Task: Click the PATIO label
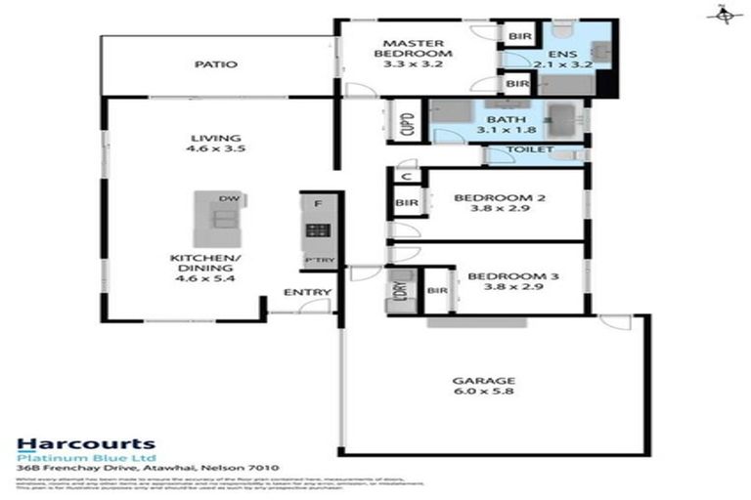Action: [215, 64]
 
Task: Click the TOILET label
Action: [529, 149]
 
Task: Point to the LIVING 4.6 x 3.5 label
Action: [217, 144]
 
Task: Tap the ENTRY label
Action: [306, 292]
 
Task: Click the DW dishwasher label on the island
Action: [228, 199]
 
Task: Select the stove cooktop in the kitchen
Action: [318, 231]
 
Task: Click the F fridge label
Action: [317, 204]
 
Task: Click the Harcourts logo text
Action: [85, 444]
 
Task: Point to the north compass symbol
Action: [724, 14]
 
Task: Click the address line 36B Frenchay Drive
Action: [147, 470]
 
